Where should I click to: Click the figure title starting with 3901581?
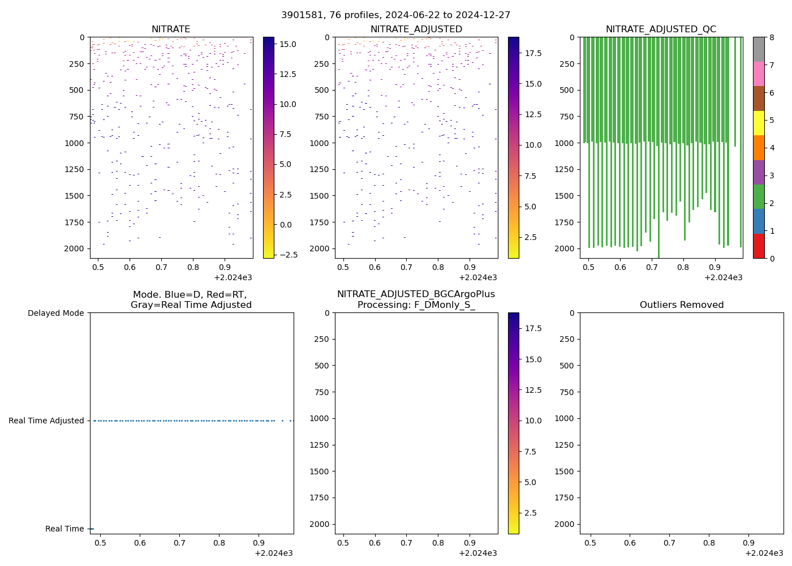pos(395,15)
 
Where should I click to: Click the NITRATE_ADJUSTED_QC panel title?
pos(661,29)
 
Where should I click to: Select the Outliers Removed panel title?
pos(681,305)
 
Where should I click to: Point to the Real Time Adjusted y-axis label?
pos(46,421)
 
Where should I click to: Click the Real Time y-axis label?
pos(64,529)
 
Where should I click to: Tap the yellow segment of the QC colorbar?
pos(759,123)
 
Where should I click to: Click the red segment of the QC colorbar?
pos(759,246)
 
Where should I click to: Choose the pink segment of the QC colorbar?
pos(759,74)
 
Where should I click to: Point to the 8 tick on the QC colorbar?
pos(771,37)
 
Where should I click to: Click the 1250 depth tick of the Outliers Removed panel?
pos(564,445)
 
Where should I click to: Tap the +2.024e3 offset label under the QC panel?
pos(723,277)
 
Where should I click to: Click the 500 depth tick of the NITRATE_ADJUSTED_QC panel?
pos(566,90)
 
